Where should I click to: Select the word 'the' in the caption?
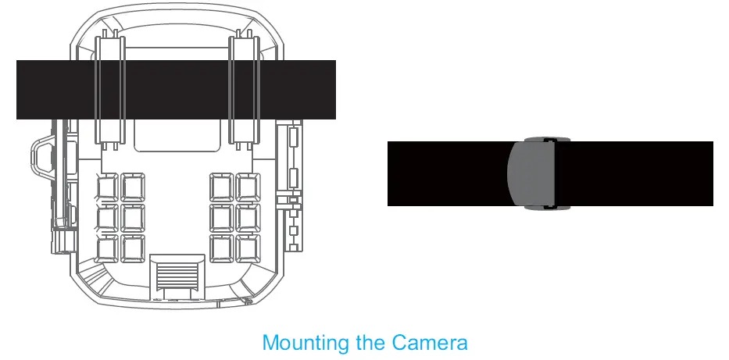click(x=370, y=343)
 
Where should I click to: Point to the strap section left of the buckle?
click(x=445, y=173)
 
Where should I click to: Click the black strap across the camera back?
click(x=176, y=89)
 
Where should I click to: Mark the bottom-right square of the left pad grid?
click(x=132, y=248)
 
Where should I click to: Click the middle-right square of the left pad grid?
click(x=132, y=218)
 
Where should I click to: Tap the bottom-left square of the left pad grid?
click(x=106, y=248)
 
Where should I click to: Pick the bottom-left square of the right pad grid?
click(x=222, y=248)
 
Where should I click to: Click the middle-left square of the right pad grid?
click(x=222, y=218)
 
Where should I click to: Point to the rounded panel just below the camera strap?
click(x=176, y=134)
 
